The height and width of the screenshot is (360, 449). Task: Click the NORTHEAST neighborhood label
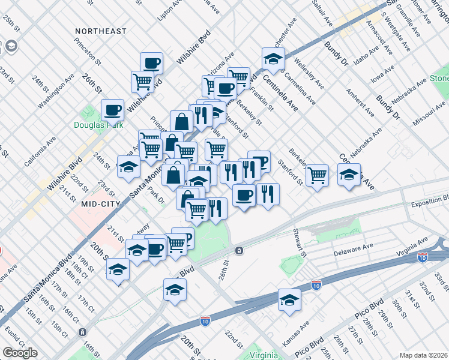point(101,31)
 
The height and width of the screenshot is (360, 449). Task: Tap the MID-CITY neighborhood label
point(101,204)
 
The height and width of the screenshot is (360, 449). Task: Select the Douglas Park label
point(98,125)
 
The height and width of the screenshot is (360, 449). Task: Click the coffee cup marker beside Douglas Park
point(113,110)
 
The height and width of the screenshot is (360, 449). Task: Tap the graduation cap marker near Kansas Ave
point(289,300)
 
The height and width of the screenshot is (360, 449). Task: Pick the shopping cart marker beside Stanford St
point(317,176)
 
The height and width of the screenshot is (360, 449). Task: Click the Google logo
point(20,353)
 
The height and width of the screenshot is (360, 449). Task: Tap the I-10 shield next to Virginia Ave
point(422,256)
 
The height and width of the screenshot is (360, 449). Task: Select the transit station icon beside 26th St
point(239,250)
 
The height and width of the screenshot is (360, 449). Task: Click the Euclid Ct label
point(14,337)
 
